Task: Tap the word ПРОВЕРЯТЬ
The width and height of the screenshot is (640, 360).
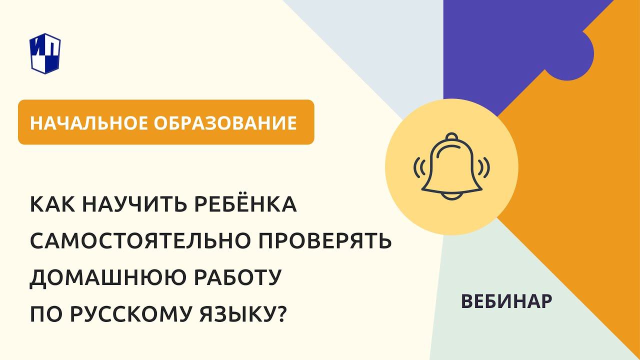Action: [330, 242]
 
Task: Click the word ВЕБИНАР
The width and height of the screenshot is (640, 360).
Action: [506, 300]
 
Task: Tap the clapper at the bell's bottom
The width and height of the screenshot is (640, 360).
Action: [451, 196]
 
